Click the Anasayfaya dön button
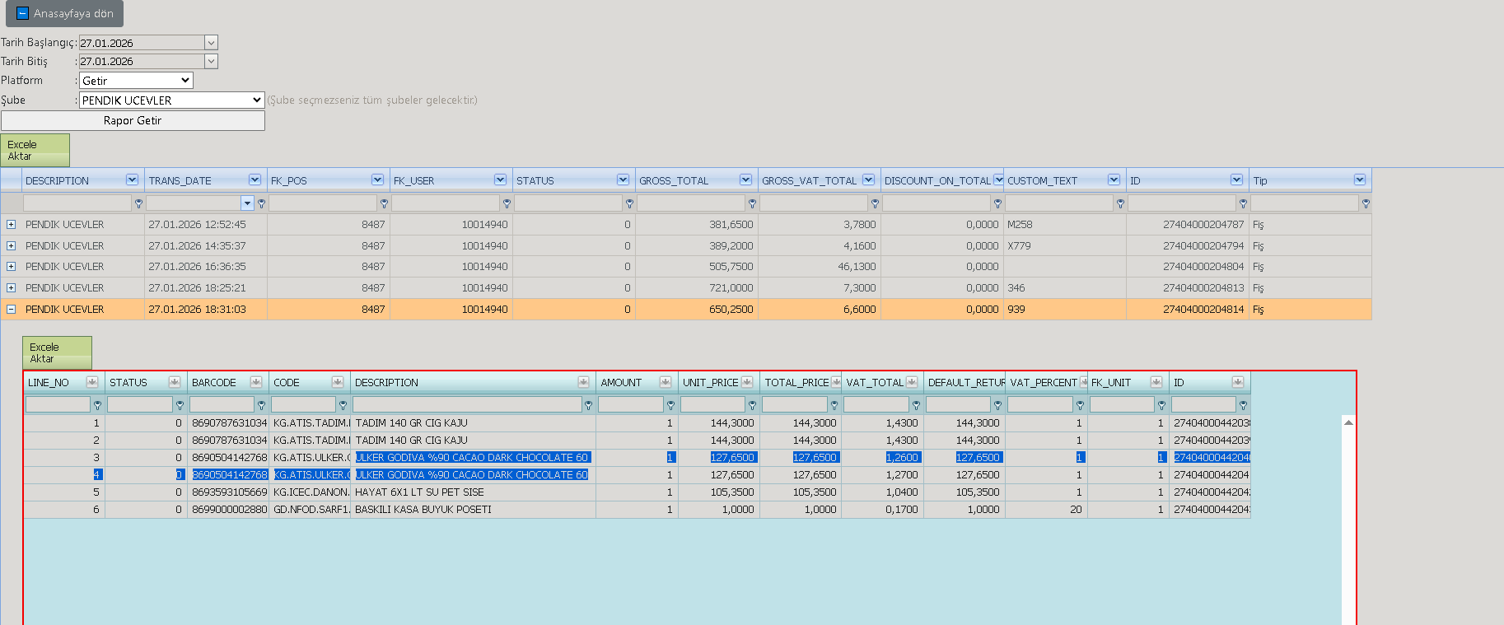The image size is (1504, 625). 64,14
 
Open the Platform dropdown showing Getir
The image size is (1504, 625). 136,81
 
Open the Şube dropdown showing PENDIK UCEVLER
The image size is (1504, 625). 171,100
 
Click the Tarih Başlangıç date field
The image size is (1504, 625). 148,43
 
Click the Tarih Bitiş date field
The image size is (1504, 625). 148,61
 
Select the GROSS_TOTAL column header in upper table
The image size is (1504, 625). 674,181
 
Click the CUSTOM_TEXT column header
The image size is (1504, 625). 1042,181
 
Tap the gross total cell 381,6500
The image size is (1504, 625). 731,225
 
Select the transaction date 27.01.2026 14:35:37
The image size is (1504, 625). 197,246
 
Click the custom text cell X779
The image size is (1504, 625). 1019,246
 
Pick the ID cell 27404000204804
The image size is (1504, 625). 1203,267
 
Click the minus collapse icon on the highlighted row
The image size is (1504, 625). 11,310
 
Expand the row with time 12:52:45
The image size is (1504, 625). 11,225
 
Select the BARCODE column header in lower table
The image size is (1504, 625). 214,383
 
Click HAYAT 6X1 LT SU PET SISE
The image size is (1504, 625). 419,492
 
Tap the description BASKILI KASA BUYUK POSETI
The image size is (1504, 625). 423,510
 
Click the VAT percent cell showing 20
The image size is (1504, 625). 1076,510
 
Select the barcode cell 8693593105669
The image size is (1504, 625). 229,492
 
